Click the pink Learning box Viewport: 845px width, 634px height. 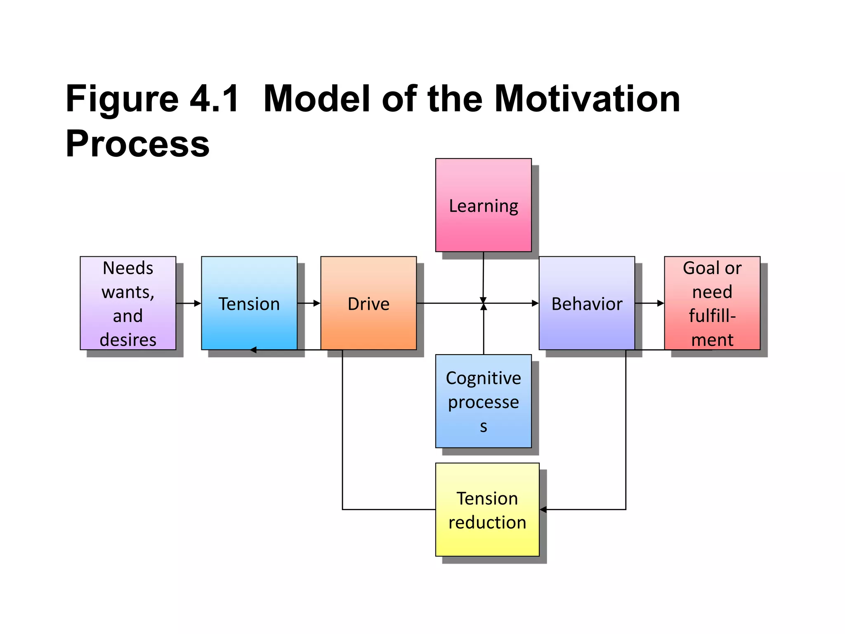(483, 205)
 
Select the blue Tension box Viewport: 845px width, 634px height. (249, 303)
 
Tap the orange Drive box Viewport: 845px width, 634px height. (368, 303)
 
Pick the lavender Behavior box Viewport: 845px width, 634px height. (586, 303)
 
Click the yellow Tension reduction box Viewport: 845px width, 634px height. (487, 509)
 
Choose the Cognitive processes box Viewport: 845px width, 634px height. (483, 401)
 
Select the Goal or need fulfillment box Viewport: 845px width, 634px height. (712, 303)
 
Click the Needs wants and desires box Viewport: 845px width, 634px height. (128, 303)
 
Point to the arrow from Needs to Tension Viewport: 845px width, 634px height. (188, 303)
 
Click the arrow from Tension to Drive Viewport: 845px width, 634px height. (309, 303)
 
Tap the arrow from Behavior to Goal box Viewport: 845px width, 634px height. (649, 303)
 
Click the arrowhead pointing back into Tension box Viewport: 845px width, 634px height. (253, 350)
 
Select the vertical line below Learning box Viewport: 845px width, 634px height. (483, 274)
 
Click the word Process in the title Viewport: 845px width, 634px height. (137, 144)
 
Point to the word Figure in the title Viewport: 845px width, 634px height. (122, 99)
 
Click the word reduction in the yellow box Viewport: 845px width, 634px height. (487, 523)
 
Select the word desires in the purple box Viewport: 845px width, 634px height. (128, 340)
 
